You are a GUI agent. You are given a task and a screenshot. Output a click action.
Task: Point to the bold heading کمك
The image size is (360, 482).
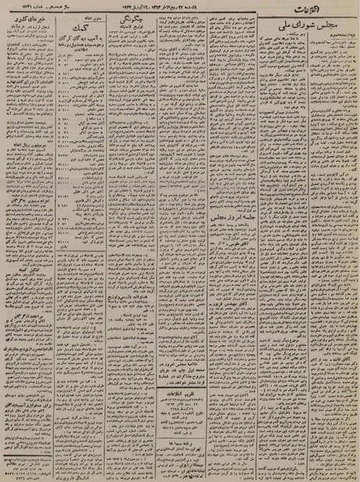pyautogui.click(x=80, y=30)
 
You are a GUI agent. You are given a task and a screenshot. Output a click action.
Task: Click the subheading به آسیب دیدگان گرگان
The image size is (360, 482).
pyautogui.click(x=80, y=40)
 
